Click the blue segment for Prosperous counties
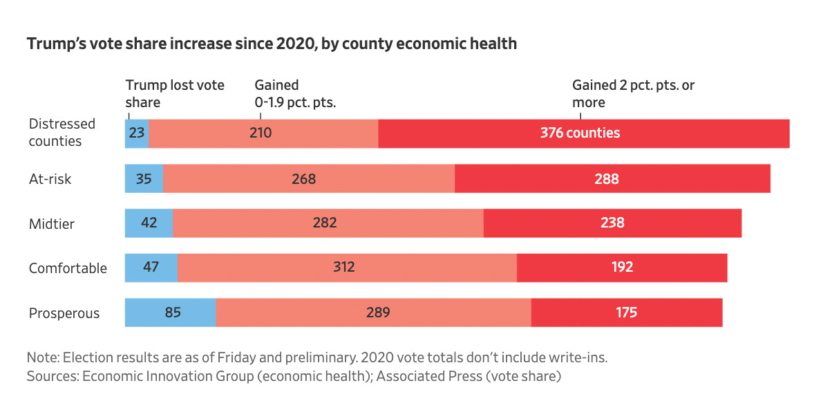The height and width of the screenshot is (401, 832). tap(170, 313)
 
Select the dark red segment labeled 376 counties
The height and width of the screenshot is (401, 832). tap(584, 133)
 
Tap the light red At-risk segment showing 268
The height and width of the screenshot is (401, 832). tap(309, 179)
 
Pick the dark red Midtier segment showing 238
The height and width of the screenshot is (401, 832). tap(612, 223)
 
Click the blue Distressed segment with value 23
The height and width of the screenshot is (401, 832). tap(137, 133)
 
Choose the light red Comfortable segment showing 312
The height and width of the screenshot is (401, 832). tap(347, 267)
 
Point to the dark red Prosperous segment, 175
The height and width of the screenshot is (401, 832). tap(626, 313)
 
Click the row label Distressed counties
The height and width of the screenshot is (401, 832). tap(62, 132)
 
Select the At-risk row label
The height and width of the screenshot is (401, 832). tap(50, 179)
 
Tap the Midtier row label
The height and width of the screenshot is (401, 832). tap(52, 223)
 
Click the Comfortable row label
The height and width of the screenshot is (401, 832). tap(68, 268)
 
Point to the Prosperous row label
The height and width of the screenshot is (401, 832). tap(64, 313)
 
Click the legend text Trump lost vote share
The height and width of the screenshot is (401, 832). tap(175, 93)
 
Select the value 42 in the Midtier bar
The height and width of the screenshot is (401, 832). tap(149, 223)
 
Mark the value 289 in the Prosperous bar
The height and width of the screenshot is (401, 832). tap(378, 313)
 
